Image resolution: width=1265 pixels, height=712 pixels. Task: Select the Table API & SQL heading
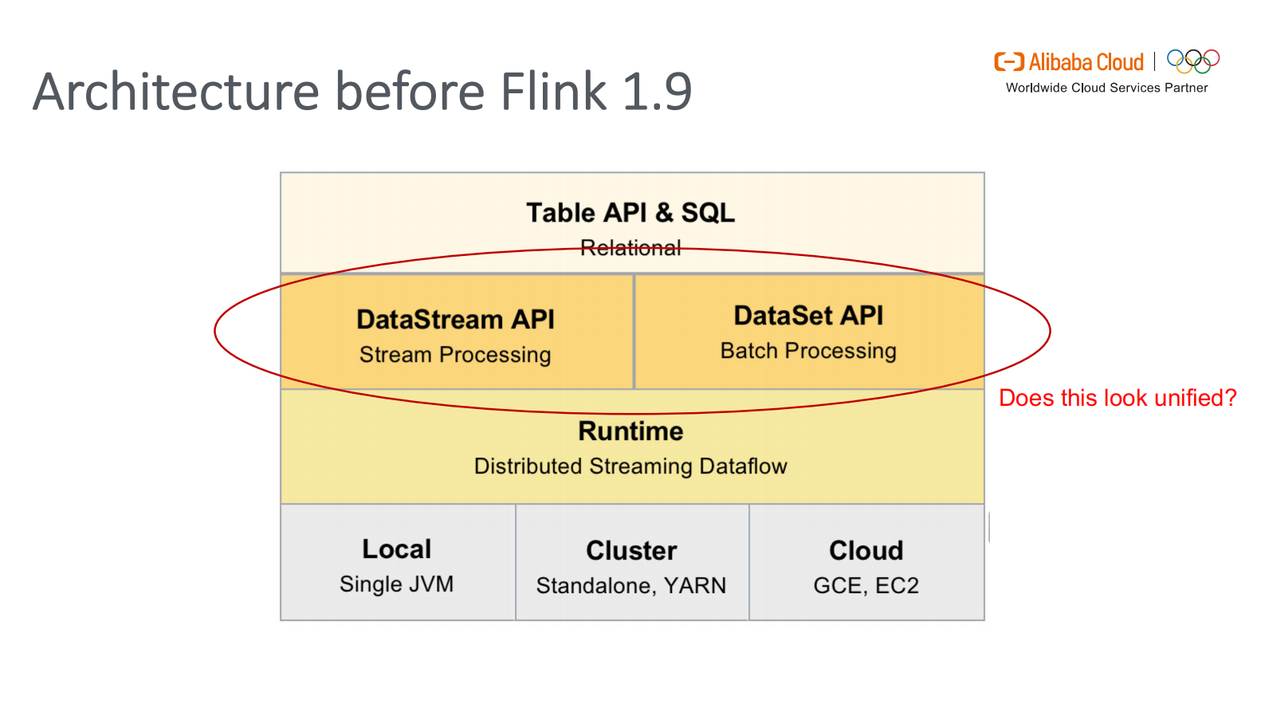tap(631, 213)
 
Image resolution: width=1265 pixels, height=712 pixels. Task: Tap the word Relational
tap(631, 248)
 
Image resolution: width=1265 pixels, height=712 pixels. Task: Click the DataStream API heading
tap(455, 320)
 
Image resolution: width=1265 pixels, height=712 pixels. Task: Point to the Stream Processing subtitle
tap(455, 355)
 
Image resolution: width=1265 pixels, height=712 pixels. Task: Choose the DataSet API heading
tap(808, 316)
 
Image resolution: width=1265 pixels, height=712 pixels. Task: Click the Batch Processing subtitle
tap(808, 351)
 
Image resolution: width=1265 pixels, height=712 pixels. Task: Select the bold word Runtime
tap(631, 431)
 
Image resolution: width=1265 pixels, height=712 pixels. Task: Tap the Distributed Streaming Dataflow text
tap(631, 466)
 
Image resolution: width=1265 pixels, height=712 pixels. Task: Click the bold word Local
tap(396, 549)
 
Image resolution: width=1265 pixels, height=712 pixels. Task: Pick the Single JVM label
tap(396, 584)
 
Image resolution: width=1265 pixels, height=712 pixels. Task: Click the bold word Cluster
tap(631, 551)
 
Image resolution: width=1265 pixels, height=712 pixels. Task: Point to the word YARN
tap(695, 586)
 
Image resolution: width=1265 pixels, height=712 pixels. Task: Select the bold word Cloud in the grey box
tap(866, 551)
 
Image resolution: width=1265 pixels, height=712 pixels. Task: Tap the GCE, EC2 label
tap(866, 586)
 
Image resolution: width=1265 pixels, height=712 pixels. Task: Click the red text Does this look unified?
tap(1118, 398)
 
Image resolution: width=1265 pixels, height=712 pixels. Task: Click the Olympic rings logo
tap(1193, 61)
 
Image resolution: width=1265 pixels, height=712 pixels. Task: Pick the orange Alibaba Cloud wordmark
tap(1086, 62)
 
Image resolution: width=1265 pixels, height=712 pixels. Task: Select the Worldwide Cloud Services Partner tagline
tap(1106, 88)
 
